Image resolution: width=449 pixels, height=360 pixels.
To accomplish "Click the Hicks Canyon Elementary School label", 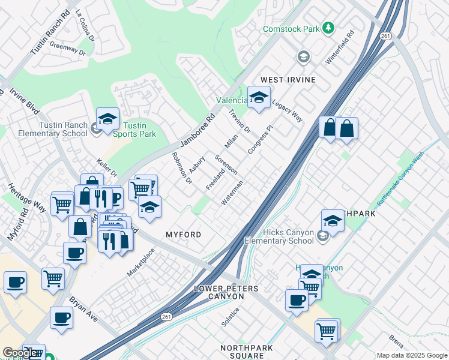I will pos(288,236).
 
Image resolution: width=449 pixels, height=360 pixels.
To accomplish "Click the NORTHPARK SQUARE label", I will pos(242,352).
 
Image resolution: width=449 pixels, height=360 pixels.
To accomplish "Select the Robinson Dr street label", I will pos(181,167).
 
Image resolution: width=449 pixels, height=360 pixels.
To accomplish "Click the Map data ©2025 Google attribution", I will pos(412,355).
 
